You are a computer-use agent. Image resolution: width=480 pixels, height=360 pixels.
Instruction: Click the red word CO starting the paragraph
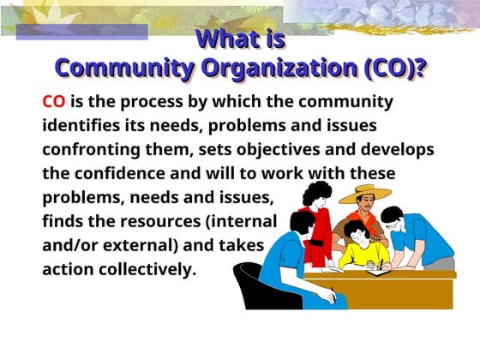(x=54, y=101)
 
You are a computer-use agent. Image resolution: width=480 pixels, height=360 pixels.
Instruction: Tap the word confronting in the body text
(x=90, y=149)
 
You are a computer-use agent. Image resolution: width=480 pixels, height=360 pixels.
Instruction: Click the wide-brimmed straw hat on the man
(x=365, y=195)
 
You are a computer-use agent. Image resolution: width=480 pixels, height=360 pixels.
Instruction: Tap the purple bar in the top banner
(x=81, y=32)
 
